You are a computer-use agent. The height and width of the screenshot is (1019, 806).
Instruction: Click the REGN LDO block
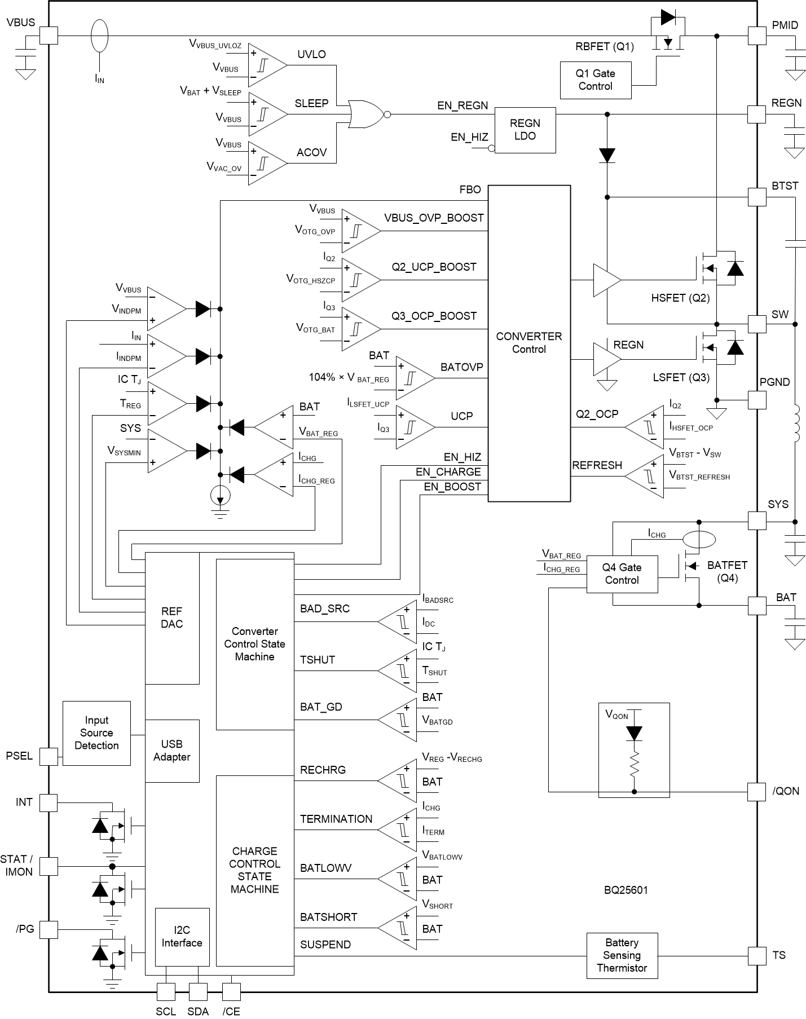pos(525,130)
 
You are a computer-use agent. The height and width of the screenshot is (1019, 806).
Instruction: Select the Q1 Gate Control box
pos(595,80)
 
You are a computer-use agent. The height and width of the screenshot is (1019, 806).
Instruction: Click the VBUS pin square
pos(49,36)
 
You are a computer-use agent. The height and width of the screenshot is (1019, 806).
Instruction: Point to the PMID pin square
pos(757,36)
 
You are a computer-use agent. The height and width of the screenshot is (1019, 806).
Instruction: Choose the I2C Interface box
pos(182,937)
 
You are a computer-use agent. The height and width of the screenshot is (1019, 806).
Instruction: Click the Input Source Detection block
pos(96,733)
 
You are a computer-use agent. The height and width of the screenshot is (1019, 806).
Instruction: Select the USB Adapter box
pos(172,751)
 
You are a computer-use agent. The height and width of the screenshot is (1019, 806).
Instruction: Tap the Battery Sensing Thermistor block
pos(622,955)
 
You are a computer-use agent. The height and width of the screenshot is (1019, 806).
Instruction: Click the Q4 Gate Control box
pos(622,574)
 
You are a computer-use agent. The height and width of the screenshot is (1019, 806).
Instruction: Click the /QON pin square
pos(757,791)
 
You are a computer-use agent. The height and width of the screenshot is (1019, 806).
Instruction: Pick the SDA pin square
pos(198,991)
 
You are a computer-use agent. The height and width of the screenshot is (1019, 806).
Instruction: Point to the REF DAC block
pos(172,617)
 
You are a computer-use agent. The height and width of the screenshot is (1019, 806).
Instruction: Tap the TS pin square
pos(757,955)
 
